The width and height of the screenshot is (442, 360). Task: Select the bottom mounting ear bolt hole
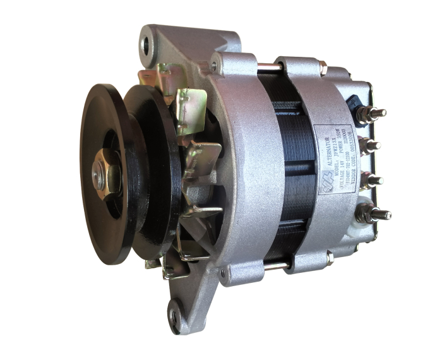pyautogui.click(x=176, y=310)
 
